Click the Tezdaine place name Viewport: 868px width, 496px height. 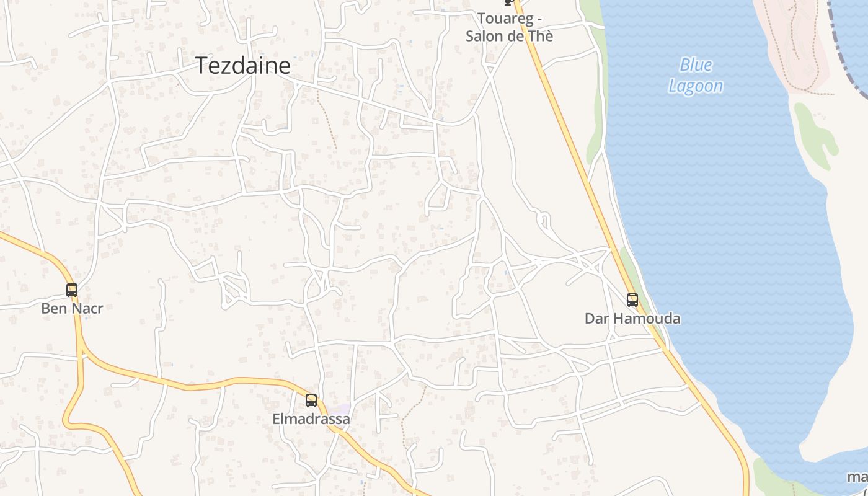tap(243, 65)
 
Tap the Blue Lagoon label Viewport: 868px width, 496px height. tap(696, 75)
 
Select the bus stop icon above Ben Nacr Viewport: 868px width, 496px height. tap(72, 290)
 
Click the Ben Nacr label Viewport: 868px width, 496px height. tap(72, 308)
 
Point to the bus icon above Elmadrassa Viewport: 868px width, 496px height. tap(311, 401)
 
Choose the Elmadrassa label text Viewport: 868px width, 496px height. tap(311, 419)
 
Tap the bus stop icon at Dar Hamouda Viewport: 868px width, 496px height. tap(632, 300)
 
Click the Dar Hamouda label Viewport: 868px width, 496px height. tap(632, 319)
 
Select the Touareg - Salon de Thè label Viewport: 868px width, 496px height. tap(509, 27)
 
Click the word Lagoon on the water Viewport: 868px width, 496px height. tap(696, 86)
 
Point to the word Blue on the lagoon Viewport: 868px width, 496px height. tap(696, 64)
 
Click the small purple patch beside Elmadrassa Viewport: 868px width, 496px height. tap(340, 409)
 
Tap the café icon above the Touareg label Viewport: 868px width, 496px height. tap(509, 2)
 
